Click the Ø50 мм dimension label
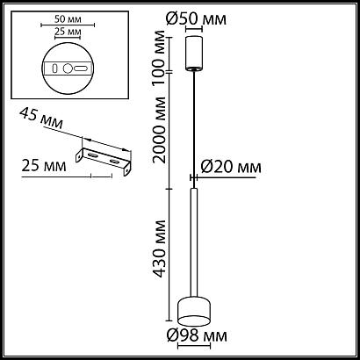pyautogui.click(x=196, y=18)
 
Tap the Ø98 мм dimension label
pyautogui.click(x=197, y=335)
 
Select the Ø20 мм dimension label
pyautogui.click(x=231, y=168)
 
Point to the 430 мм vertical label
pyautogui.click(x=160, y=248)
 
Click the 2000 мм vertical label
pyautogui.click(x=160, y=130)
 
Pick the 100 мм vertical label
pyautogui.click(x=160, y=57)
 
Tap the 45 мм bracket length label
pyautogui.click(x=41, y=119)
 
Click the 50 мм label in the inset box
pyautogui.click(x=68, y=19)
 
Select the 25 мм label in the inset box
pyautogui.click(x=68, y=32)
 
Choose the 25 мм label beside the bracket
pyautogui.click(x=44, y=166)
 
